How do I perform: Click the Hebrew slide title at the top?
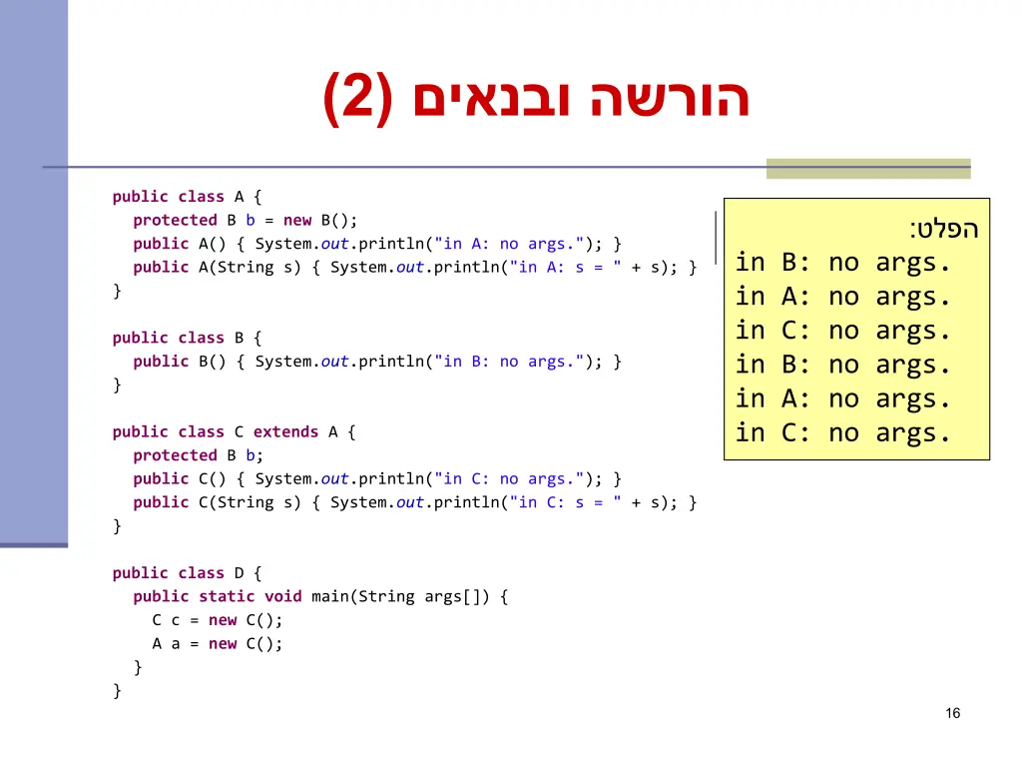point(536,99)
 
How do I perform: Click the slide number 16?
point(952,713)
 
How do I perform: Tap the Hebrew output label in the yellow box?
point(944,230)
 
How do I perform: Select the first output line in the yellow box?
point(843,264)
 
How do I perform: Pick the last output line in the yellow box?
point(843,433)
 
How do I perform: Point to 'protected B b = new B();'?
point(245,221)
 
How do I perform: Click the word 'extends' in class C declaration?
point(285,432)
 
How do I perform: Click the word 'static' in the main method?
point(227,597)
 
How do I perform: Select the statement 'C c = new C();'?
point(218,620)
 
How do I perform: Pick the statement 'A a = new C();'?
point(218,644)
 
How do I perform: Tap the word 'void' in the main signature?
point(282,597)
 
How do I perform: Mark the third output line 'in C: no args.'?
point(843,332)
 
